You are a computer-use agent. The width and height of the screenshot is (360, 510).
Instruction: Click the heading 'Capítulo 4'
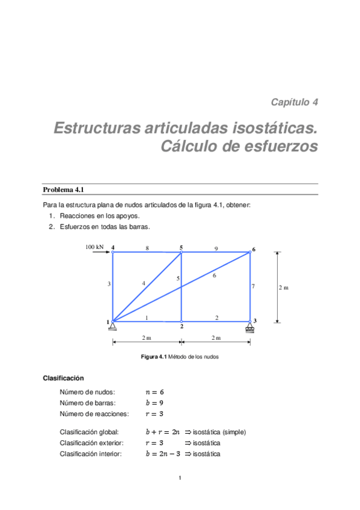[x=294, y=102]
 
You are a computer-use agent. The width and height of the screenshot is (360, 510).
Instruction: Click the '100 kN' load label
[x=94, y=247]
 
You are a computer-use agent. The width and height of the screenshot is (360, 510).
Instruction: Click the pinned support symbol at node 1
[x=112, y=326]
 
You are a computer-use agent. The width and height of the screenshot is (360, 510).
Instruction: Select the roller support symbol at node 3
[x=249, y=327]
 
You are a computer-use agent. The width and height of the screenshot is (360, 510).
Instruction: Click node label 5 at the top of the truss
[x=181, y=247]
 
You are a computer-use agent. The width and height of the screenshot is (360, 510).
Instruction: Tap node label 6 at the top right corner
[x=254, y=249]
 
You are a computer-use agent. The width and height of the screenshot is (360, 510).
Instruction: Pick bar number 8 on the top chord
[x=147, y=248]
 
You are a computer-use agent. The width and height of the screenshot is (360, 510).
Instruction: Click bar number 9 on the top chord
[x=216, y=248]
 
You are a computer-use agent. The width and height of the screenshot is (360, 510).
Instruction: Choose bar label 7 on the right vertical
[x=253, y=286]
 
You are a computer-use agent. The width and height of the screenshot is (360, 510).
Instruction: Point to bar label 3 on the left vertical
[x=109, y=283]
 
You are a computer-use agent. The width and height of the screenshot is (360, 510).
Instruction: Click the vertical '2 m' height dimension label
[x=284, y=287]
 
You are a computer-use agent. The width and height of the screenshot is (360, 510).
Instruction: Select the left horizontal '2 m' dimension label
[x=147, y=338]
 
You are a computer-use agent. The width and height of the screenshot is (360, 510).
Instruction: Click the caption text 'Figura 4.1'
[x=153, y=357]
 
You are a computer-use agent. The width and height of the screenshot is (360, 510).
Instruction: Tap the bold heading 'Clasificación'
[x=63, y=378]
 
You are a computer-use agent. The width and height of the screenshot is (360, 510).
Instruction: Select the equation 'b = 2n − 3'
[x=162, y=453]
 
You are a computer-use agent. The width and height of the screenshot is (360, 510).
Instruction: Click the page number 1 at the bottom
[x=180, y=479]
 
